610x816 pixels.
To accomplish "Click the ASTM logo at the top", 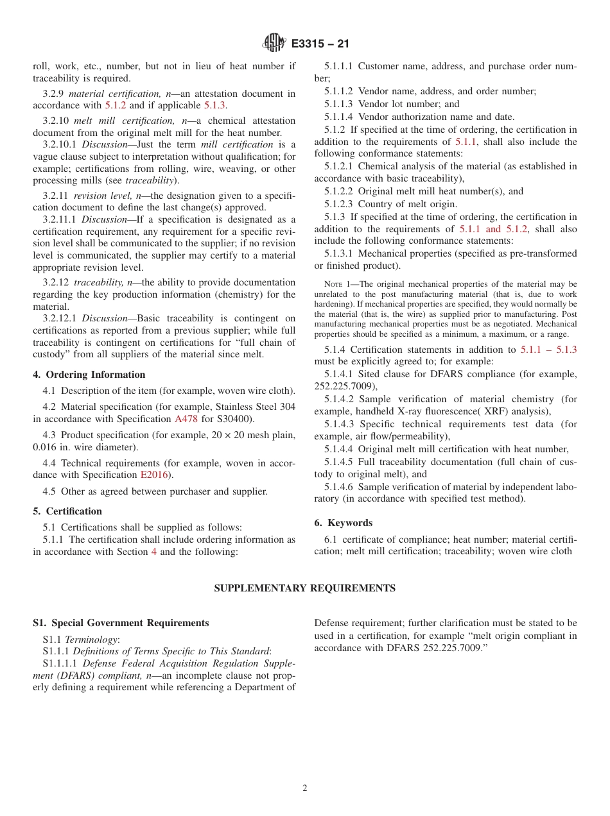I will point(274,44).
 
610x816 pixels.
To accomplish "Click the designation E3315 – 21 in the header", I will point(320,44).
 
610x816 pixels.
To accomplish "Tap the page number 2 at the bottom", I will point(305,788).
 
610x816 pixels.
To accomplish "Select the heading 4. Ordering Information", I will point(89,375).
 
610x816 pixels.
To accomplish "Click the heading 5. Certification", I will point(67,511).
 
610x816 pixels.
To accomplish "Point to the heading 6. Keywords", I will point(344,523).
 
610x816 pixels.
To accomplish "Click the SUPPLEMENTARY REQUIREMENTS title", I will point(304,588).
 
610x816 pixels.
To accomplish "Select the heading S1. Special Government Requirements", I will point(121,623).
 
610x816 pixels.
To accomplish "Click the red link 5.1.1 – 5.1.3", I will point(548,350).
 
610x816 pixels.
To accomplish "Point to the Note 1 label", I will point(338,284).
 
